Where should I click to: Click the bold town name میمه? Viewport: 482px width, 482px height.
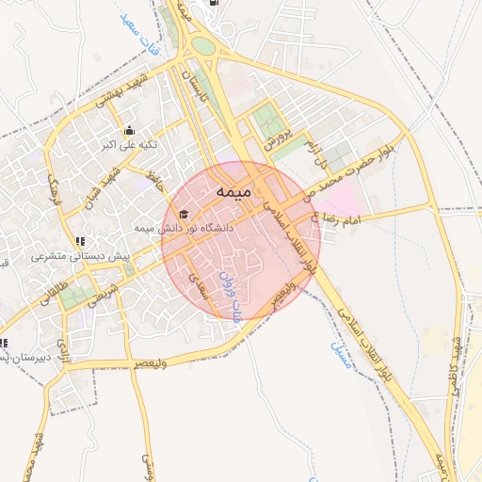coord(232,192)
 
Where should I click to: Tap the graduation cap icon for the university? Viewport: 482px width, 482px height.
coord(183,215)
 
